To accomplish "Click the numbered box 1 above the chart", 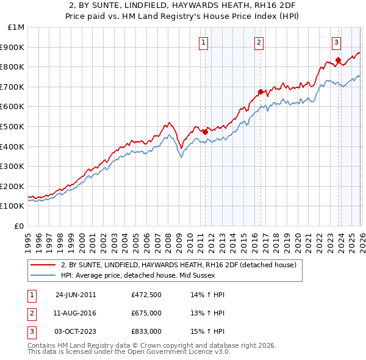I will pyautogui.click(x=203, y=42).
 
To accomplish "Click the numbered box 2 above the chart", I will pyautogui.click(x=259, y=42).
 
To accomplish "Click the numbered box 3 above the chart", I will pyautogui.click(x=336, y=42).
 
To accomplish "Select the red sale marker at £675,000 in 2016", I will pyautogui.click(x=260, y=92).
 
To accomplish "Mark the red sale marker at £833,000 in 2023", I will pyautogui.click(x=338, y=60).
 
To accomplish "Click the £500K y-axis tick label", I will pyautogui.click(x=13, y=127).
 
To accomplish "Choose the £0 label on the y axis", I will pyautogui.click(x=19, y=226).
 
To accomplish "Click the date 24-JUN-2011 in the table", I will pyautogui.click(x=76, y=295).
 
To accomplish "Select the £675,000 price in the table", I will pyautogui.click(x=146, y=313).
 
